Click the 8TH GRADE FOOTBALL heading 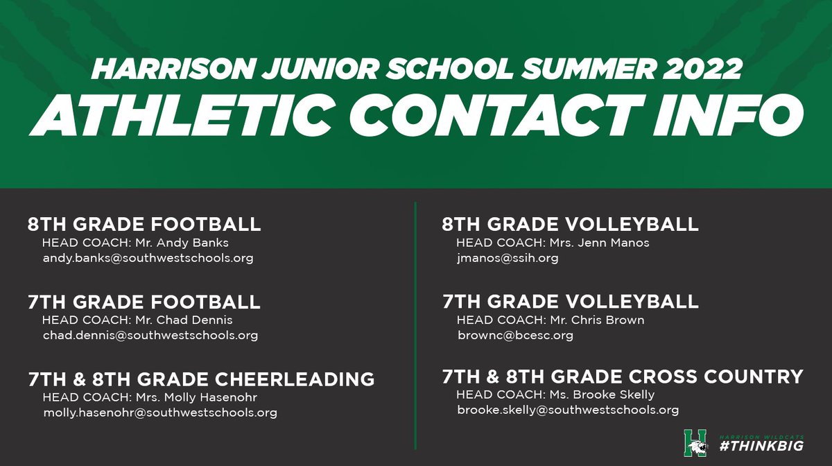[144, 225]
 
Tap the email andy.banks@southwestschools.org [148, 258]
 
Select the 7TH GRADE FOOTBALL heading [144, 302]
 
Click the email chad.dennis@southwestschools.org [150, 336]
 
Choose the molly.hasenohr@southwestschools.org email [159, 413]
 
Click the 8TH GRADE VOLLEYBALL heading [570, 225]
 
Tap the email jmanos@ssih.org [508, 258]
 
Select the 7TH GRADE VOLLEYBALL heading [570, 302]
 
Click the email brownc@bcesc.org [515, 336]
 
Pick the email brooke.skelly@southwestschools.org [568, 410]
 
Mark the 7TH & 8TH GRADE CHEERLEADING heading [201, 380]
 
